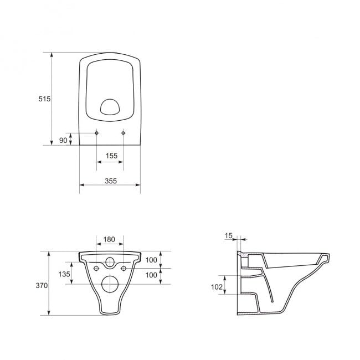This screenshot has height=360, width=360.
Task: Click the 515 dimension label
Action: pyautogui.click(x=44, y=99)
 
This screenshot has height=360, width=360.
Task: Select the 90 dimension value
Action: pyautogui.click(x=63, y=140)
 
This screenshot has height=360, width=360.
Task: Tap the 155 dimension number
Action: pyautogui.click(x=111, y=156)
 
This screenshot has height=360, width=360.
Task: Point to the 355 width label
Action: pyautogui.click(x=111, y=181)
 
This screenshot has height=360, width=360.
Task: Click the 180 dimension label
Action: pyautogui.click(x=109, y=239)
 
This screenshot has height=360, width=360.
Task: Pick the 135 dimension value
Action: pyautogui.click(x=64, y=274)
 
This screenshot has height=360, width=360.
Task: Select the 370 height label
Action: pyautogui.click(x=42, y=285)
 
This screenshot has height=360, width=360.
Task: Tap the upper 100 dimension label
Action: pyautogui.click(x=151, y=260)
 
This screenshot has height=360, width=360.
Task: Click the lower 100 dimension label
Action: pyautogui.click(x=151, y=275)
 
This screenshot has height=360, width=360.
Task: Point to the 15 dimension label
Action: pyautogui.click(x=228, y=235)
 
